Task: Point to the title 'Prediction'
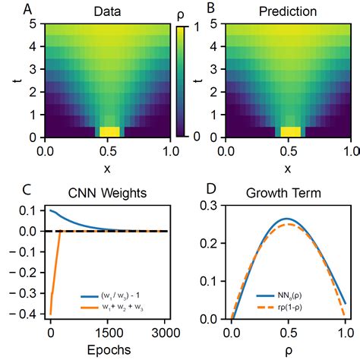(x=289, y=12)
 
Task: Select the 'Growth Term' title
(x=289, y=194)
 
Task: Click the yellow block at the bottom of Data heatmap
(x=109, y=132)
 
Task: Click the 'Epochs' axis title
(x=108, y=351)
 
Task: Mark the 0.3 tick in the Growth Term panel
(x=214, y=206)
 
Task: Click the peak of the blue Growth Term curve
(x=286, y=219)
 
